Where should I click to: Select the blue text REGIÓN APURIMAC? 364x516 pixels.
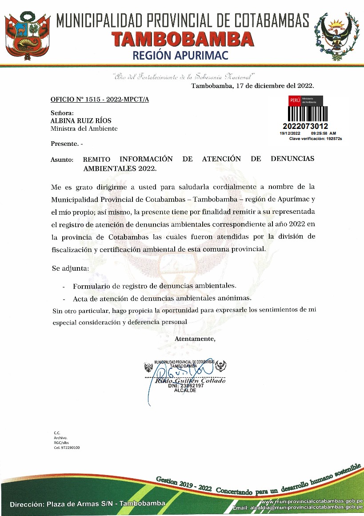point(183,55)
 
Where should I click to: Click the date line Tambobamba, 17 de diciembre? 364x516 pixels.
point(252,86)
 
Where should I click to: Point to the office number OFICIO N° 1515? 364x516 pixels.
point(100,99)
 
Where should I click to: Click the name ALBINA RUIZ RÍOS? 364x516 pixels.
point(81,121)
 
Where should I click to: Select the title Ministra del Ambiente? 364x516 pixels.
point(84,128)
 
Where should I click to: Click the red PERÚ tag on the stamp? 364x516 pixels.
point(295,100)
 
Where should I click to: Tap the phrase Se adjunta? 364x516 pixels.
point(70,269)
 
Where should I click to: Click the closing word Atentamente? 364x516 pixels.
point(195,339)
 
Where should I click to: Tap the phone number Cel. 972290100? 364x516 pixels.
point(67,448)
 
